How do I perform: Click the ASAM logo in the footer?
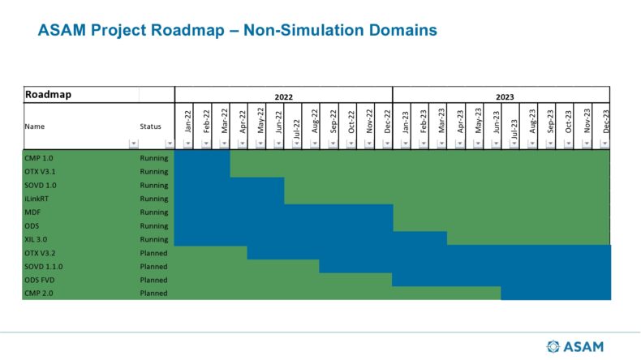[x=574, y=346]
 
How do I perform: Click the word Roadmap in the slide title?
[x=187, y=30]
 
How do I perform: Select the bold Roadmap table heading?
[x=48, y=94]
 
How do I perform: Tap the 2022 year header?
[x=283, y=96]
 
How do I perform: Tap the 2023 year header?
[x=505, y=96]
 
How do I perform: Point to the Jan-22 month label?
[x=188, y=122]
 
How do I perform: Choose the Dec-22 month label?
[x=388, y=122]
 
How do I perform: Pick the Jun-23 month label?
[x=497, y=122]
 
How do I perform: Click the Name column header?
[x=34, y=126]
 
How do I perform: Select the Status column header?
[x=150, y=126]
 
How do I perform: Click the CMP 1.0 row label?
[x=39, y=158]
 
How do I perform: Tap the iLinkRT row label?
[x=37, y=199]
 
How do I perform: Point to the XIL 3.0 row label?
[x=36, y=239]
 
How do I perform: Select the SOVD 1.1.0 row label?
[x=44, y=267]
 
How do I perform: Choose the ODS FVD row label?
[x=39, y=280]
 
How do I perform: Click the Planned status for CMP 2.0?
[x=153, y=293]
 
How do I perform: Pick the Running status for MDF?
[x=153, y=212]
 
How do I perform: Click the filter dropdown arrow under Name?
[x=133, y=144]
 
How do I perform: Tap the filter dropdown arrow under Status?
[x=170, y=144]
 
